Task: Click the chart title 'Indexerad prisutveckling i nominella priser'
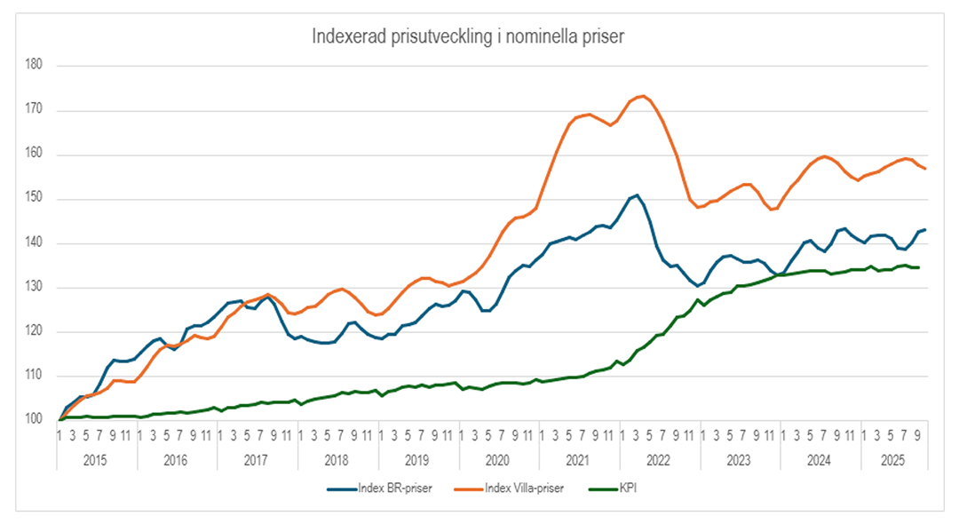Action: [469, 36]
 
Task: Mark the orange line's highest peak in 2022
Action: [643, 96]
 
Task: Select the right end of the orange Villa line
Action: [926, 169]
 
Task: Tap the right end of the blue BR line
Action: [926, 230]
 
